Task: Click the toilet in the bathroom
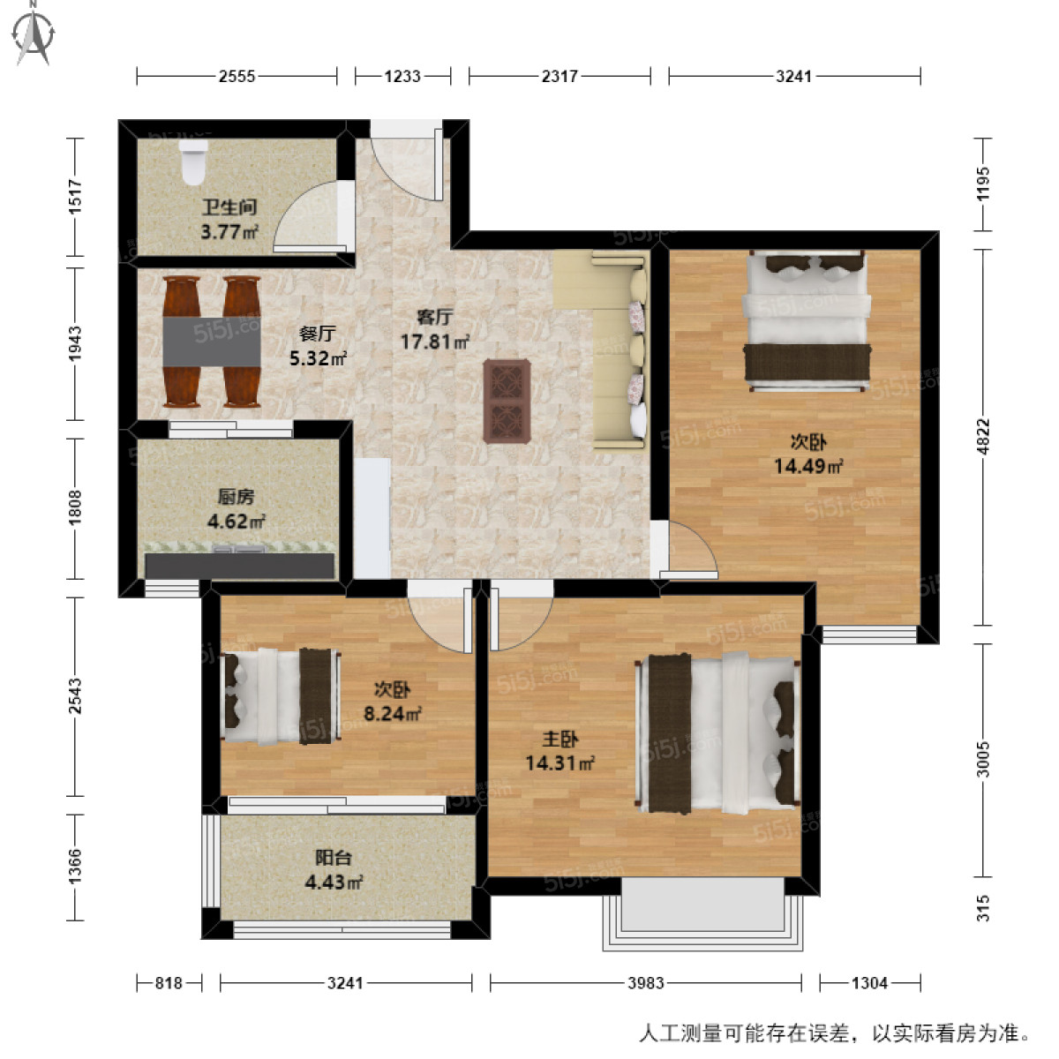tap(193, 164)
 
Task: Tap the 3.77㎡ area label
tap(229, 234)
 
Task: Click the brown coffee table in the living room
tap(507, 400)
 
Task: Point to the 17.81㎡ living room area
tap(434, 341)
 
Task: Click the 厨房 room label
tap(236, 497)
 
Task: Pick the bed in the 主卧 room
tap(718, 731)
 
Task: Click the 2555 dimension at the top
tap(237, 77)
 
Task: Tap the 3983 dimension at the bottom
tap(646, 982)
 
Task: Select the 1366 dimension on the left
tap(75, 867)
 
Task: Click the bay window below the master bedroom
tap(702, 909)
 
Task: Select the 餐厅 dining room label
tap(317, 334)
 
